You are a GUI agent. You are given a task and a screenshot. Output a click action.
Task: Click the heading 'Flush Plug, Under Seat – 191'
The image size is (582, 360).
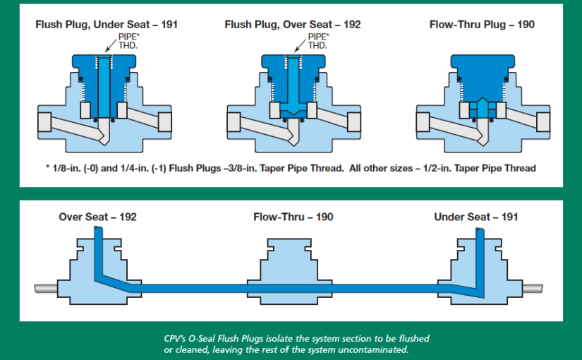107,25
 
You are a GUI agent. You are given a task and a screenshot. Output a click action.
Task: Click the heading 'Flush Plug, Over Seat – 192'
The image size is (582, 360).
292,25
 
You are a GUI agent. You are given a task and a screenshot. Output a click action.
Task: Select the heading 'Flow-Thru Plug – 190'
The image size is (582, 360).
482,25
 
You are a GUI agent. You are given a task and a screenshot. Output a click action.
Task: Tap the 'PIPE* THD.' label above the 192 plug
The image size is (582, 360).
317,41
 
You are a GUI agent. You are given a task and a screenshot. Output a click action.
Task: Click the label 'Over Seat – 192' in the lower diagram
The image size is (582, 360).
97,217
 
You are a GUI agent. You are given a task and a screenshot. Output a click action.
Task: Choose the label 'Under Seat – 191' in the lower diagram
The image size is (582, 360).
475,217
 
